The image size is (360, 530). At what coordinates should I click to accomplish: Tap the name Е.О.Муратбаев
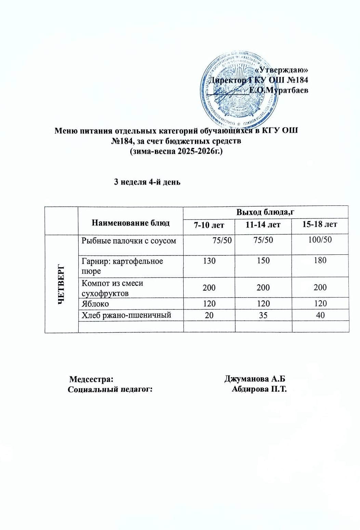click(278, 91)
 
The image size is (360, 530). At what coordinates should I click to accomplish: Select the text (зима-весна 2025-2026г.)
click(176, 151)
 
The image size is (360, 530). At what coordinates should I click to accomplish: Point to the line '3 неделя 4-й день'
click(147, 182)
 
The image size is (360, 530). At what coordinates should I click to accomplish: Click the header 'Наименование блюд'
click(131, 223)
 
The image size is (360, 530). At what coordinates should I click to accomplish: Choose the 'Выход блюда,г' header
click(266, 212)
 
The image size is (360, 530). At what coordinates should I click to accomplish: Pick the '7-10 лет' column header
click(209, 225)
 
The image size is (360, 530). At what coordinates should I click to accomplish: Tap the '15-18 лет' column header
click(320, 224)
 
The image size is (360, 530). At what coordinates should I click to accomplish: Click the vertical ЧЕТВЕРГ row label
click(62, 283)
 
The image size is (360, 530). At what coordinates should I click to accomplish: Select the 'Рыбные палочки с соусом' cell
click(129, 241)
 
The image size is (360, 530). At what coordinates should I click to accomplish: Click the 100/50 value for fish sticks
click(320, 239)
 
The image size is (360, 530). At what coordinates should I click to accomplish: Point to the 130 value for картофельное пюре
click(209, 261)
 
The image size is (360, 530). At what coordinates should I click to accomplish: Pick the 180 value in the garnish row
click(320, 260)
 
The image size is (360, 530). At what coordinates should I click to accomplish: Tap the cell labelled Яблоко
click(95, 304)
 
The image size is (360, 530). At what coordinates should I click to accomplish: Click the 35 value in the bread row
click(263, 315)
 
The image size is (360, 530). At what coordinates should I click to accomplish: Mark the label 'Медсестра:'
click(91, 379)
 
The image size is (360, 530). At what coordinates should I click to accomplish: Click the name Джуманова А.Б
click(255, 379)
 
